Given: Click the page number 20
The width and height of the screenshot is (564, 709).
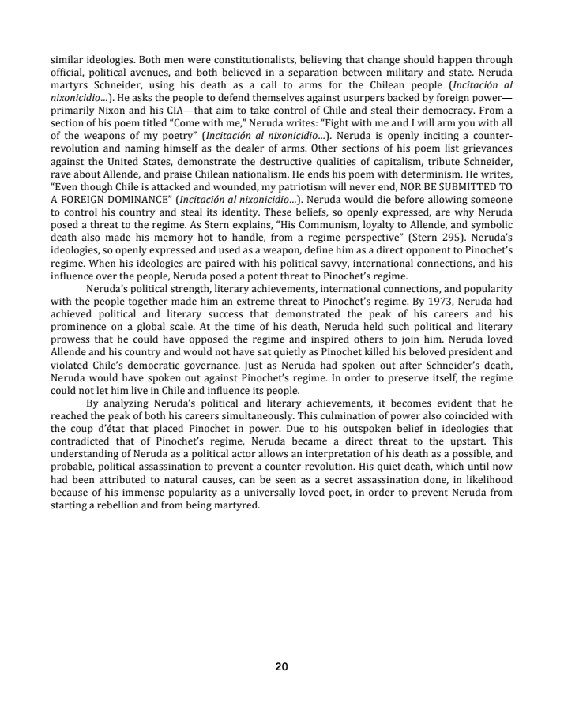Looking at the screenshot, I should point(282,666).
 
